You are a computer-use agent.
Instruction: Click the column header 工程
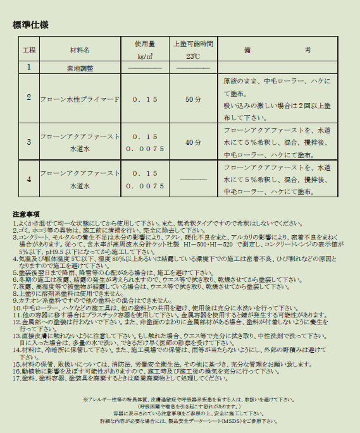click(29, 49)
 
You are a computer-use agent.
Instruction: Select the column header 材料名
click(80, 49)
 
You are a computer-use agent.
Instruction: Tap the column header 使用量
click(145, 44)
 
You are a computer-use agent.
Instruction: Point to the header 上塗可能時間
click(193, 44)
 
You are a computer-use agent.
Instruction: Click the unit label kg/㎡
click(145, 56)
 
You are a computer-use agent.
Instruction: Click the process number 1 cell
click(29, 66)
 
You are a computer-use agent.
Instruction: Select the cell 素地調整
click(80, 67)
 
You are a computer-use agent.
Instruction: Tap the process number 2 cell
click(29, 97)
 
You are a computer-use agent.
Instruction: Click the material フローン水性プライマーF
click(80, 99)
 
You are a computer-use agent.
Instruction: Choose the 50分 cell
click(193, 99)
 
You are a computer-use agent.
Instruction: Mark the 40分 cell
click(193, 142)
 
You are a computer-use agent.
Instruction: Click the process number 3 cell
click(29, 142)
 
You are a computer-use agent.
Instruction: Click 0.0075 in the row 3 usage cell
click(145, 149)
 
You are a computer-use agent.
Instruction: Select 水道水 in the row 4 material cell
click(80, 186)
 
